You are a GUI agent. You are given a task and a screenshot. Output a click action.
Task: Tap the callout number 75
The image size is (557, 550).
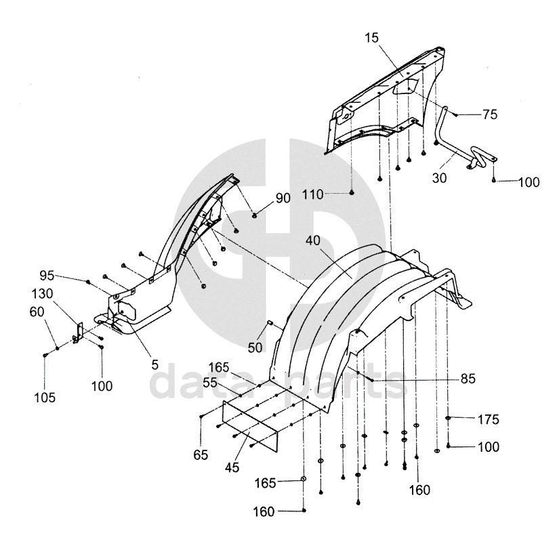(x=490, y=115)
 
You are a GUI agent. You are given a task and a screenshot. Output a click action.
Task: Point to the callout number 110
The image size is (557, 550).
(x=313, y=193)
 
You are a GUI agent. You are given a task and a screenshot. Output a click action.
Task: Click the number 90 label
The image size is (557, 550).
(x=283, y=198)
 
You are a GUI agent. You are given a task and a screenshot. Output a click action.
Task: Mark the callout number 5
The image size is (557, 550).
(x=155, y=364)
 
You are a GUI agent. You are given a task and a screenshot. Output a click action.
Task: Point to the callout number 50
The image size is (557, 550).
(x=255, y=347)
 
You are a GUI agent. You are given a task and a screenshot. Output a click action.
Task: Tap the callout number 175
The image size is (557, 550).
(x=488, y=420)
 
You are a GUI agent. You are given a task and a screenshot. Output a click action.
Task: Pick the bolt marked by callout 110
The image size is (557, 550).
(x=352, y=193)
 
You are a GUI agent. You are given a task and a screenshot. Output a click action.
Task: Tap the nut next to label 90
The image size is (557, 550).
(x=255, y=215)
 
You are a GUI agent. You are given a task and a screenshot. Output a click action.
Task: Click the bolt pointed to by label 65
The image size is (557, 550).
(x=202, y=419)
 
